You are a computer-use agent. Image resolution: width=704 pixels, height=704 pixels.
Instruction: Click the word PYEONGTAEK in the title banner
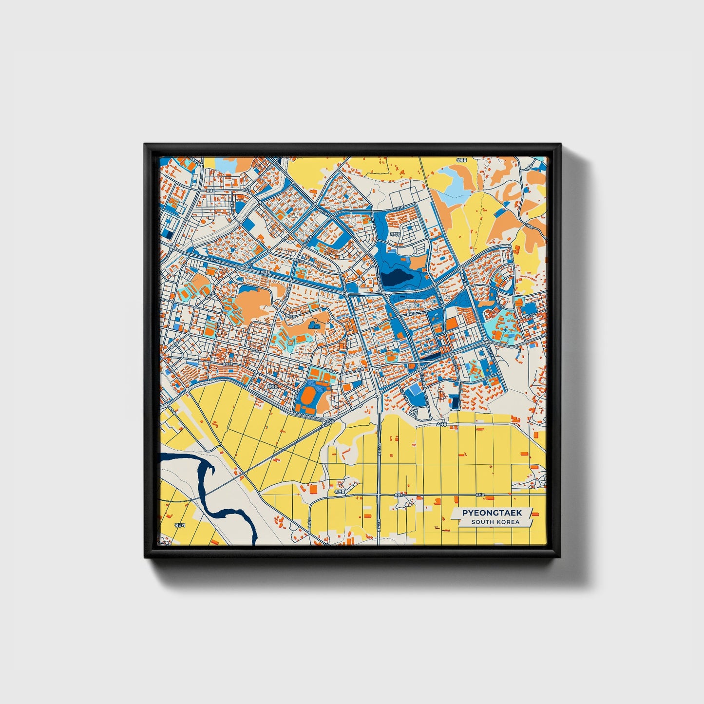click(492, 513)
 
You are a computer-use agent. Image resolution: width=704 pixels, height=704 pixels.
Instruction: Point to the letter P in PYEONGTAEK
click(464, 513)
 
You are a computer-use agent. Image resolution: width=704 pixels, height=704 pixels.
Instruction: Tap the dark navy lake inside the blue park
click(397, 278)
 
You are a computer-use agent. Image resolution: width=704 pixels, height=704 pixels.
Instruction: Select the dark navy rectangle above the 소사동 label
click(455, 402)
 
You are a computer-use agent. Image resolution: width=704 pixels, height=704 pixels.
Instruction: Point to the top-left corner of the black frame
click(145, 144)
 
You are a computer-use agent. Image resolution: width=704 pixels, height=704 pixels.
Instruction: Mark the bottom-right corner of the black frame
click(561, 557)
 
